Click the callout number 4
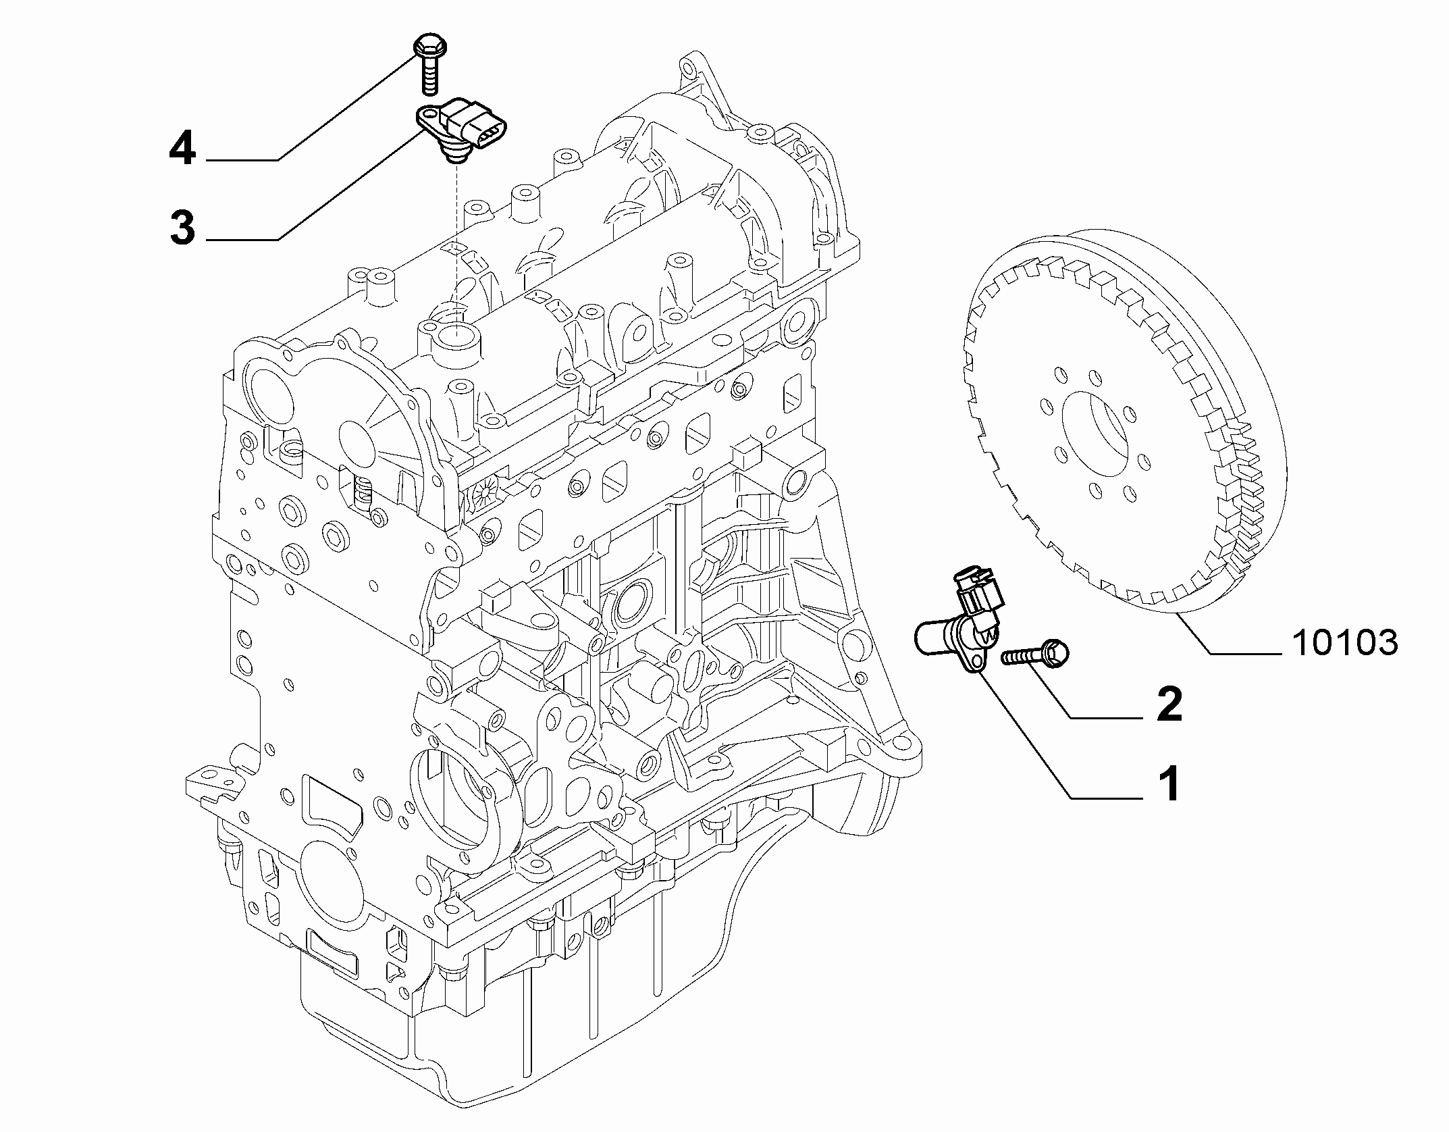pos(182,149)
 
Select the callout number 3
pos(182,228)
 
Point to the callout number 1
pos(1169,784)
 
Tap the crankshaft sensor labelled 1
pos(957,619)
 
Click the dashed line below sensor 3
pos(456,244)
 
